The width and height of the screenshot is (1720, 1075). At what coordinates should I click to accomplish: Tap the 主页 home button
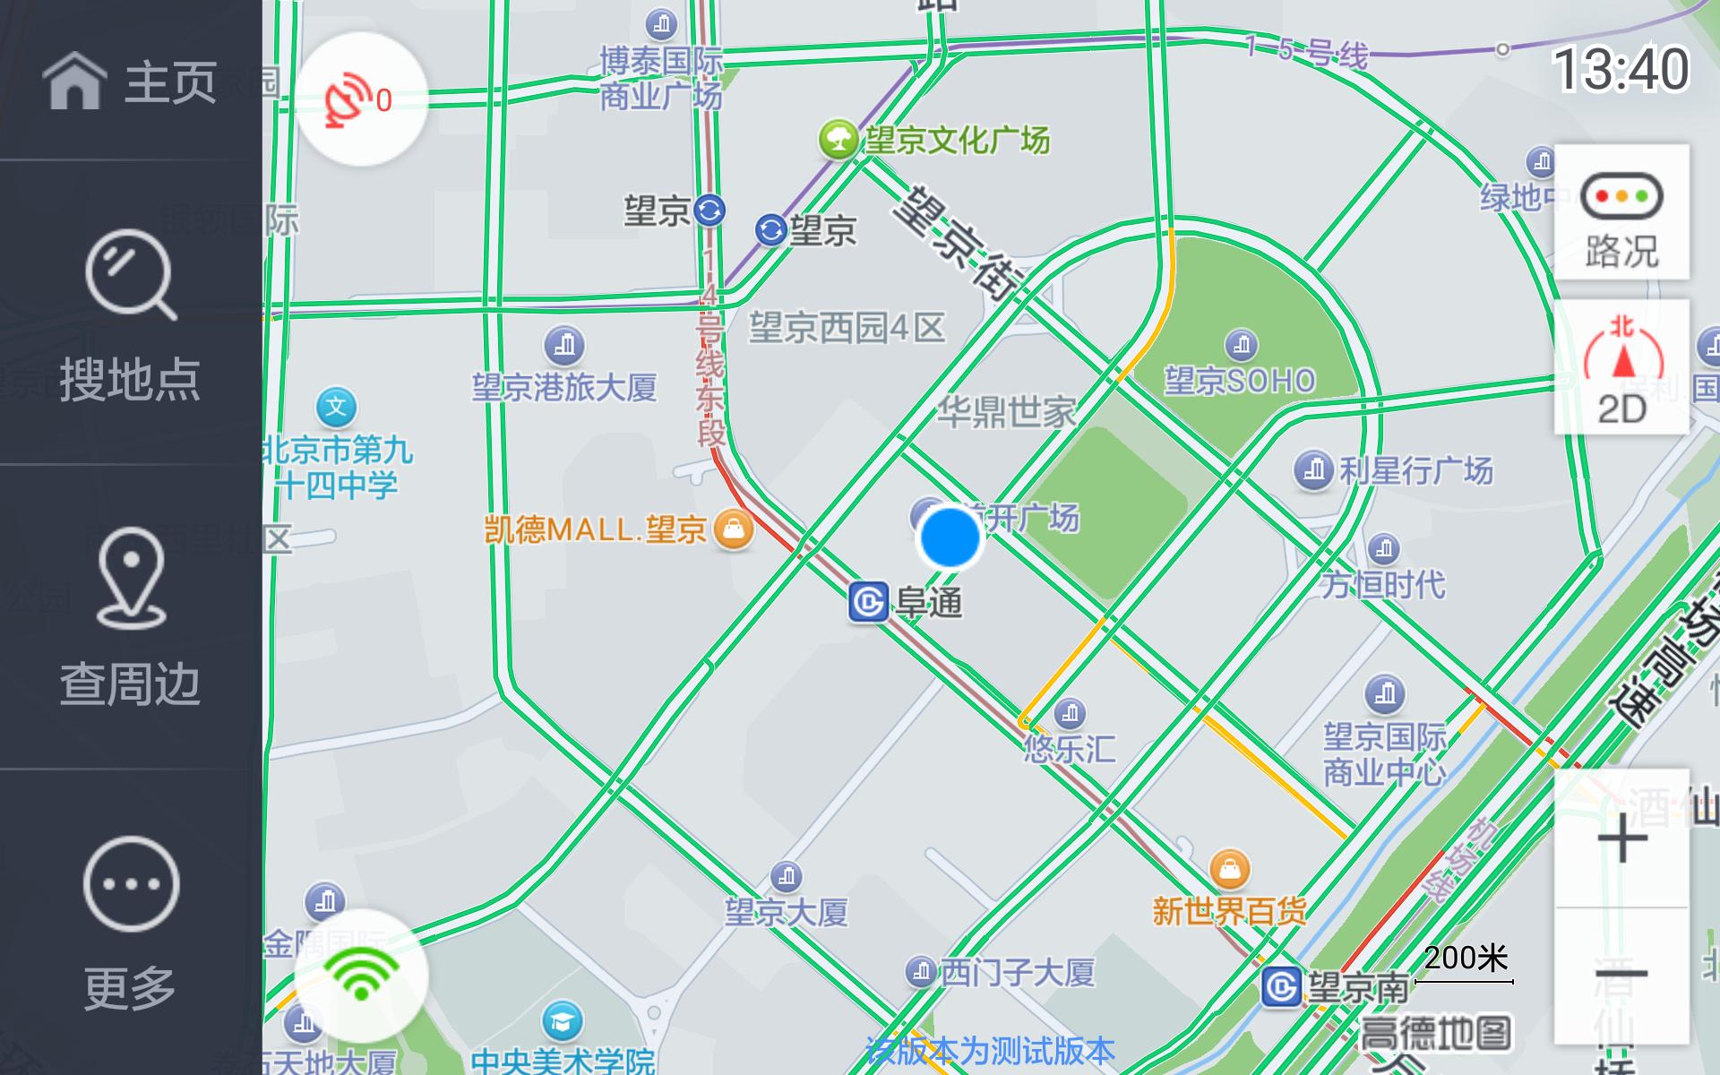pos(130,82)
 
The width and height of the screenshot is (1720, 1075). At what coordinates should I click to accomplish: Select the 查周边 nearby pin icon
pos(131,578)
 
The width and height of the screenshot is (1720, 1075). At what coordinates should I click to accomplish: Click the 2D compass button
pos(1621,368)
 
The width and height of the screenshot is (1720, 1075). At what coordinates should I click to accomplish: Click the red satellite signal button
pos(360,99)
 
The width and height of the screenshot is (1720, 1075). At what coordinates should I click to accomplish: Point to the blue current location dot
pos(950,537)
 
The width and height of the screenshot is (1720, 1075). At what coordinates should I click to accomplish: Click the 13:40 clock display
pos(1620,70)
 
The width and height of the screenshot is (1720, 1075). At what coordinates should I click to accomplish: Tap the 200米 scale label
pos(1466,959)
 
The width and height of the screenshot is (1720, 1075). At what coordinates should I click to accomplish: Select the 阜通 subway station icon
pos(867,602)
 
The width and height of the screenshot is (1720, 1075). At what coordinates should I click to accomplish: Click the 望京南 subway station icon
pos(1281,987)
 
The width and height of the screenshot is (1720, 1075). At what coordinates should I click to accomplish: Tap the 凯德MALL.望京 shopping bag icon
pos(733,529)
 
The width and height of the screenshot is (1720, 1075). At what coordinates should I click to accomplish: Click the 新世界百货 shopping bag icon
pos(1230,869)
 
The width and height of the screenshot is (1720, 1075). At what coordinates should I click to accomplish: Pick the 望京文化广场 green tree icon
pos(838,140)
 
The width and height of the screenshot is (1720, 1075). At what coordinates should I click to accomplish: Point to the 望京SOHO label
pos(1240,382)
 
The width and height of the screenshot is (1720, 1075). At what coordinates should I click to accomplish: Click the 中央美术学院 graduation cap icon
pos(562,1022)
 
